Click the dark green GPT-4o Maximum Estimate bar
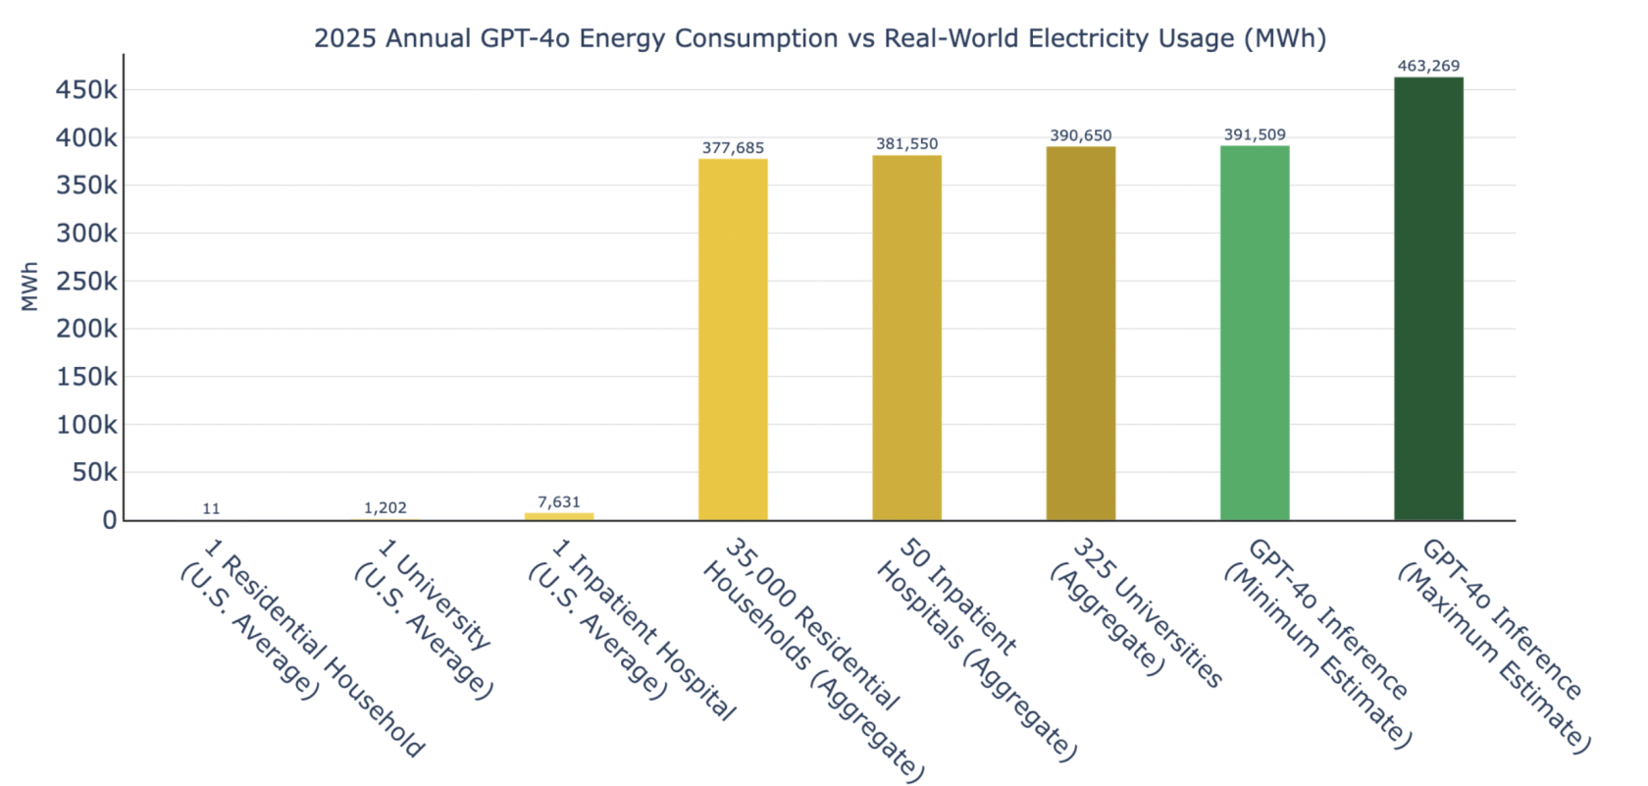(x=1428, y=298)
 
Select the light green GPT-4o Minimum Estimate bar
(x=1255, y=334)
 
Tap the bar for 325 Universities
(x=1080, y=334)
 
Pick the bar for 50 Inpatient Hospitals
(x=906, y=338)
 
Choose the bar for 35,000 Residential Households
(x=733, y=340)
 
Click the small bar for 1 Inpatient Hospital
(x=559, y=516)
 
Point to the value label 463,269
(x=1428, y=66)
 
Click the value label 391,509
(x=1255, y=134)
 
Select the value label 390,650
(x=1080, y=135)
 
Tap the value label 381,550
(x=906, y=144)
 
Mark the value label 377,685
(x=733, y=148)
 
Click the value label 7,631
(x=559, y=502)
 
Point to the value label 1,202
(x=385, y=508)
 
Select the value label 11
(x=211, y=508)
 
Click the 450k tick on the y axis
(x=86, y=90)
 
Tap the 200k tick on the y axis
(x=86, y=329)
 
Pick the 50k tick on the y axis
(x=94, y=473)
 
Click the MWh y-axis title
(x=30, y=287)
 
